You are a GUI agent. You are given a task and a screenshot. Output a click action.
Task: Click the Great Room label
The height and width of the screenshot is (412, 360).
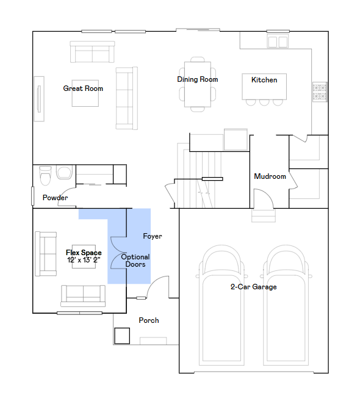click(83, 89)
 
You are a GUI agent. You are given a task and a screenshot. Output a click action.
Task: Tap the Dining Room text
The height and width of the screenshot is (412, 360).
click(198, 79)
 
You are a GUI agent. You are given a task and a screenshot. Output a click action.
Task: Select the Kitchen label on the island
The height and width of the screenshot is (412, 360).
click(264, 80)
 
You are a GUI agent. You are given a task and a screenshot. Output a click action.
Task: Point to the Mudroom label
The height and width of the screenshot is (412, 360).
click(270, 176)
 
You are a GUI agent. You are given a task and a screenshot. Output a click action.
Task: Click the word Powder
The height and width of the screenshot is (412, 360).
click(55, 198)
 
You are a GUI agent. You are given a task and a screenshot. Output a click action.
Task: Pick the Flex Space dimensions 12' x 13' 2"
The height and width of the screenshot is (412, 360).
click(84, 260)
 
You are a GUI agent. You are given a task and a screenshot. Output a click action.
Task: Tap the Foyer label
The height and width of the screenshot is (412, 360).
click(153, 236)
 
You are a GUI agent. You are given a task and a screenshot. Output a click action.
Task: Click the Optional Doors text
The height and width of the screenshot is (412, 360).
click(135, 261)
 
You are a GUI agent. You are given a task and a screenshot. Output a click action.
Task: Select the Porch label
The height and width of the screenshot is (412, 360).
click(149, 320)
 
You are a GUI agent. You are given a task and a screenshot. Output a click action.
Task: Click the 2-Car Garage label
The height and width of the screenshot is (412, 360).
click(254, 287)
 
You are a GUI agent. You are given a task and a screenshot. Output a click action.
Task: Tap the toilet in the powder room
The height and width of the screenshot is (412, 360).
click(45, 175)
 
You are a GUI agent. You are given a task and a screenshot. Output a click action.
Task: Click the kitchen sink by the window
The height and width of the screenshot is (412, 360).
click(278, 42)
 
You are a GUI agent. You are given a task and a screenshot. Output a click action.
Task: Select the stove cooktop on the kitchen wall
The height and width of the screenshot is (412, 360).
click(320, 92)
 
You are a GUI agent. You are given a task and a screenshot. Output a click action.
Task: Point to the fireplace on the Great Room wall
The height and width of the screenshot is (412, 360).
click(39, 99)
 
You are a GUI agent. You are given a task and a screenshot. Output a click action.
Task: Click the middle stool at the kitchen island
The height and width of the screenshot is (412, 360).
click(264, 102)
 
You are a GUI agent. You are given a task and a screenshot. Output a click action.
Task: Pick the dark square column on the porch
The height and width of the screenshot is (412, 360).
click(122, 336)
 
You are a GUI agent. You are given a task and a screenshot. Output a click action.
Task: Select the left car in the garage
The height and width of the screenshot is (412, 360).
click(222, 305)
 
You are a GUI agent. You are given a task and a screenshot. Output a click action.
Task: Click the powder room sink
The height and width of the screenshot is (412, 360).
click(64, 172)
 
